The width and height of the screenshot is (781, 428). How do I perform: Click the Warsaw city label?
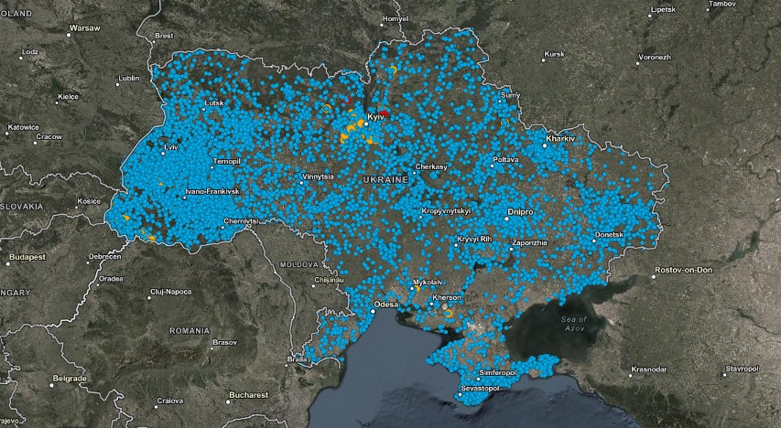click(x=83, y=29)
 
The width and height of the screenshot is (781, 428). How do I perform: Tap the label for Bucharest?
click(x=248, y=395)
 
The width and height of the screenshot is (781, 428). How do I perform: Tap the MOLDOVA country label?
click(x=298, y=263)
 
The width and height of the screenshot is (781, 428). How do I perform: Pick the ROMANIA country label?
click(x=190, y=329)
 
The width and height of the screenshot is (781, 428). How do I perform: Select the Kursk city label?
click(x=554, y=54)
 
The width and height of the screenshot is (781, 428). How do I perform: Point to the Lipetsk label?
click(x=662, y=9)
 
